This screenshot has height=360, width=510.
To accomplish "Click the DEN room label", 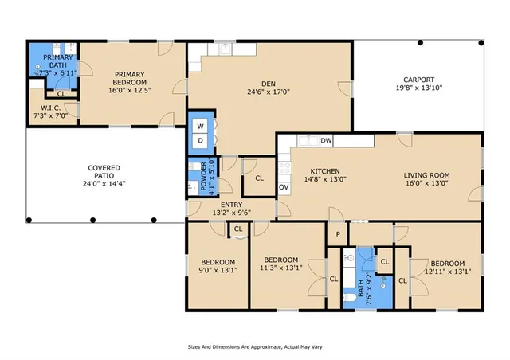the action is (269, 84).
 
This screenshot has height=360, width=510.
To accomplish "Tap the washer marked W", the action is (200, 126).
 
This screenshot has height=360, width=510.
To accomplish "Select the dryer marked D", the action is (200, 140).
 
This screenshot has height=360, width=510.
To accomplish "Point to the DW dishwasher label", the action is (326, 140).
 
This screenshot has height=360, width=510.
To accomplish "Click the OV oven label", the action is (284, 187).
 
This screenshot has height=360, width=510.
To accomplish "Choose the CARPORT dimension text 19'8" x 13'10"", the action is (419, 88).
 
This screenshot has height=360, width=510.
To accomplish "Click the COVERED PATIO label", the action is (104, 172).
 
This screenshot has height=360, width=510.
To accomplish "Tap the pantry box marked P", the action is (338, 234).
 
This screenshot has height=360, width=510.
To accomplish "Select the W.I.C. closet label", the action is (51, 108).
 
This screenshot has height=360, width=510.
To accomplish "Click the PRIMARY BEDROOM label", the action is (130, 78).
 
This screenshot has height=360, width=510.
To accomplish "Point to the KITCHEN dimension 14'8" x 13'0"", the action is (325, 179).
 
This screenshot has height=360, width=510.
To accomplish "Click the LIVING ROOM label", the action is (427, 175).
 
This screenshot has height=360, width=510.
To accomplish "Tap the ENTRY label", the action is (232, 205).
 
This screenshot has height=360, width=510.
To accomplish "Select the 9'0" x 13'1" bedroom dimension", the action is (218, 269).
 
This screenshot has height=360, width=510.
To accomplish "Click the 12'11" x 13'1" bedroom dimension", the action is (448, 272).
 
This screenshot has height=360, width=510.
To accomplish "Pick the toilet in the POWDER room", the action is (194, 166).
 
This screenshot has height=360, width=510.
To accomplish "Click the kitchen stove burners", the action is (285, 169).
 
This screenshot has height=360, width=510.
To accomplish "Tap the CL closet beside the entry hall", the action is (259, 178).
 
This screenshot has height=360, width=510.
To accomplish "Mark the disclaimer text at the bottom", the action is (255, 347).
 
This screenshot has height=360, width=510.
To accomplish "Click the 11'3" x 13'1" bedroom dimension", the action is (281, 268).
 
